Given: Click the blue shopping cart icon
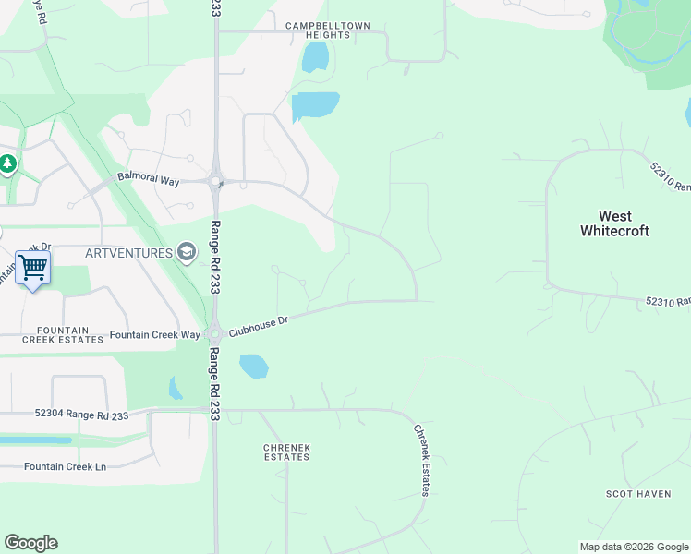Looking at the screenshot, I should click(x=32, y=268).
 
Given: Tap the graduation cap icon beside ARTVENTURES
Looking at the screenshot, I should click(x=186, y=252).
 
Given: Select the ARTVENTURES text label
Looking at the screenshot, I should click(x=128, y=252).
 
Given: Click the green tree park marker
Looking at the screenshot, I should click(x=8, y=164).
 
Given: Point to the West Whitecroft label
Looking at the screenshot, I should click(x=614, y=223).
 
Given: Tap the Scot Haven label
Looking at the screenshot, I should click(x=638, y=494).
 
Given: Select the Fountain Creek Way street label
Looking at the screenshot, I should click(x=155, y=335).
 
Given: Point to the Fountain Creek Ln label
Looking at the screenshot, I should click(x=65, y=466).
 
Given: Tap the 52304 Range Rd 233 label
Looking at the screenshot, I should click(x=82, y=415).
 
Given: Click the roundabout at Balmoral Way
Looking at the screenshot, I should click(x=216, y=181).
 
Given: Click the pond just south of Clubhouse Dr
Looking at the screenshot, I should click(x=253, y=367).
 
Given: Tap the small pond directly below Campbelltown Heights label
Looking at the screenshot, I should click(x=315, y=58).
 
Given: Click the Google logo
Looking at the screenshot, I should click(x=30, y=543).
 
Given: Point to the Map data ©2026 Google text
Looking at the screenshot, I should click(x=634, y=547).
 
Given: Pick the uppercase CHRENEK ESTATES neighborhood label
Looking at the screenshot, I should click(x=286, y=452).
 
